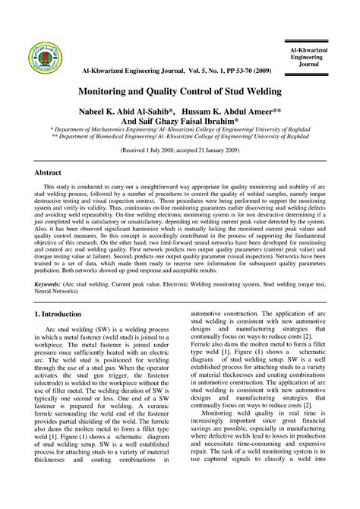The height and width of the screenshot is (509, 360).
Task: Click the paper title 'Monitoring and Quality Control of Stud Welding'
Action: (x=180, y=91)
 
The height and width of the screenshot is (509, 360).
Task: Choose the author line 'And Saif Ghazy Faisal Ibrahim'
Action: (x=179, y=122)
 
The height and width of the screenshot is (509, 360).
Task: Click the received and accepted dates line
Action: (x=179, y=150)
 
